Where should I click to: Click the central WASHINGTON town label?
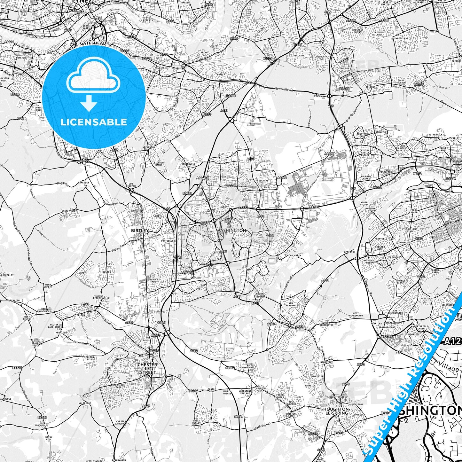(231, 230)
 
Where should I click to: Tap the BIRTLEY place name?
(140, 230)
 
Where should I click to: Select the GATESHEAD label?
(89, 43)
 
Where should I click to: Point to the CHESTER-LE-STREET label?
(147, 368)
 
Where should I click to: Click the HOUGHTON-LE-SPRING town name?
(336, 411)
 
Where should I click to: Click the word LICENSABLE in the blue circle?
(94, 122)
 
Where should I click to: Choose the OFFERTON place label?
(349, 252)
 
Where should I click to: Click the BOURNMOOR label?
(246, 368)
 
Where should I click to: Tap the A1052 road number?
(230, 368)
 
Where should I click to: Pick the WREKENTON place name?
(149, 147)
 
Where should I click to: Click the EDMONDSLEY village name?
(42, 426)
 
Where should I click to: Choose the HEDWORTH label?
(322, 57)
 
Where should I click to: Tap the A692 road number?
(20, 118)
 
